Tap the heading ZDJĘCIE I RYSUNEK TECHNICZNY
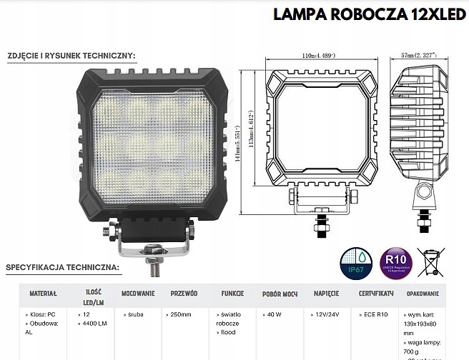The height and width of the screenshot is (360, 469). pos(71,55)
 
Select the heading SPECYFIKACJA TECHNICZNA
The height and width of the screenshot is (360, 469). pos(63,268)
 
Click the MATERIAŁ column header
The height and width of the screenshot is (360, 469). pos(42,293)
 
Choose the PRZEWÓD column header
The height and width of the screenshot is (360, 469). pos(184,293)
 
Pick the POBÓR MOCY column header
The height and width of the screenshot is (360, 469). pos(281,293)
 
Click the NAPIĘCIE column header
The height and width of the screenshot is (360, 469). pos(326,293)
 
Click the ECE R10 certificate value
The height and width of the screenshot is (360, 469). pos(372,314)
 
